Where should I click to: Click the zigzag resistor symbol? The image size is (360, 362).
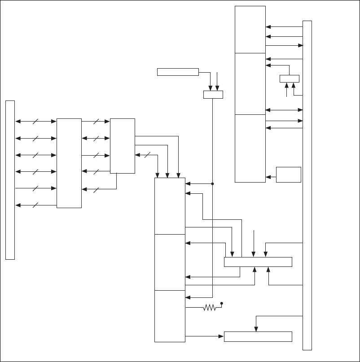(209, 308)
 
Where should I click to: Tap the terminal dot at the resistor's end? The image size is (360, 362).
(222, 304)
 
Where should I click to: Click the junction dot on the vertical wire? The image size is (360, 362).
(212, 183)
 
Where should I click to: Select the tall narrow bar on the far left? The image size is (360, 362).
(10, 180)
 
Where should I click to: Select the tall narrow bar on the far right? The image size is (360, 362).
(307, 185)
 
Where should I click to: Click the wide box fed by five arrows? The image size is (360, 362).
(258, 262)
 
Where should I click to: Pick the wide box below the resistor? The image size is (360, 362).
(258, 336)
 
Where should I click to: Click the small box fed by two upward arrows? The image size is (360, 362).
(289, 79)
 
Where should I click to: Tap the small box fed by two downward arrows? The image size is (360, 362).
(213, 94)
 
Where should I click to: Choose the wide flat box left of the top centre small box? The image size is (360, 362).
(178, 72)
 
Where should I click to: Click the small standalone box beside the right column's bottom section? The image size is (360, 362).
(288, 174)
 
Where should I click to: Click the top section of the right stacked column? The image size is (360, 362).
(250, 29)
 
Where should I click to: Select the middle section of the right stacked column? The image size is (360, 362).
(250, 83)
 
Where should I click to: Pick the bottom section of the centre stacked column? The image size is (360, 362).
(170, 316)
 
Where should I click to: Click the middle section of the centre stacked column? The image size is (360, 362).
(170, 262)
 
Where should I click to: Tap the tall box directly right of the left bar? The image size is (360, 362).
(69, 163)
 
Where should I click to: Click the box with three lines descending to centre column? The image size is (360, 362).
(122, 146)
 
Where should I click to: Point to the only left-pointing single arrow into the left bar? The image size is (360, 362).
(36, 205)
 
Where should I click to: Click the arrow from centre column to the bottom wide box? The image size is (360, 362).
(204, 336)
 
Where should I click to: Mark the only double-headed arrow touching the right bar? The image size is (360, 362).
(284, 109)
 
